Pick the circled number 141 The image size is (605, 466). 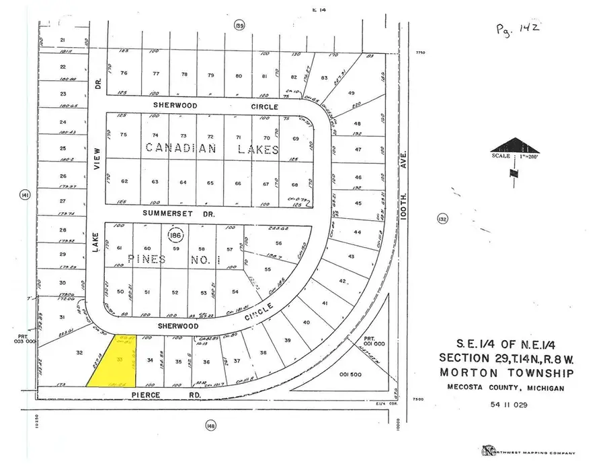click(24, 195)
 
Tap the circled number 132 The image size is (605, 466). click(442, 219)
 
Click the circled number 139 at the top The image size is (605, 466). click(239, 26)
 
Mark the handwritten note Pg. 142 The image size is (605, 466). click(518, 28)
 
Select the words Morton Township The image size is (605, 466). click(506, 373)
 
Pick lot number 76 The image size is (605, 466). click(123, 73)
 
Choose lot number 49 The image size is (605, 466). click(351, 93)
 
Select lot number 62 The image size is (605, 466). click(124, 181)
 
